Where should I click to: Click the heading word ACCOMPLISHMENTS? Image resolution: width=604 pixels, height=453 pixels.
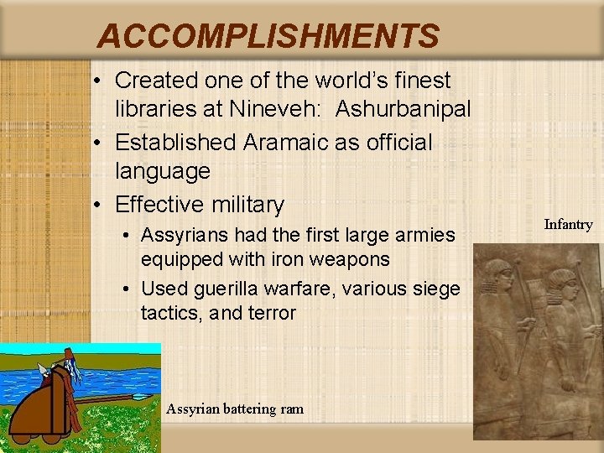click(x=268, y=36)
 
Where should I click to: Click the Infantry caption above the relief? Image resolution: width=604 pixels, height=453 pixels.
click(x=568, y=224)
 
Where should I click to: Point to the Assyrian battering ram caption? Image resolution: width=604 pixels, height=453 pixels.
click(x=235, y=409)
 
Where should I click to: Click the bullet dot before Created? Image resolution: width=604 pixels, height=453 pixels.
click(x=99, y=81)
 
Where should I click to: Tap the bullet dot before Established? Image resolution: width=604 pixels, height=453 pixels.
click(x=99, y=143)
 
